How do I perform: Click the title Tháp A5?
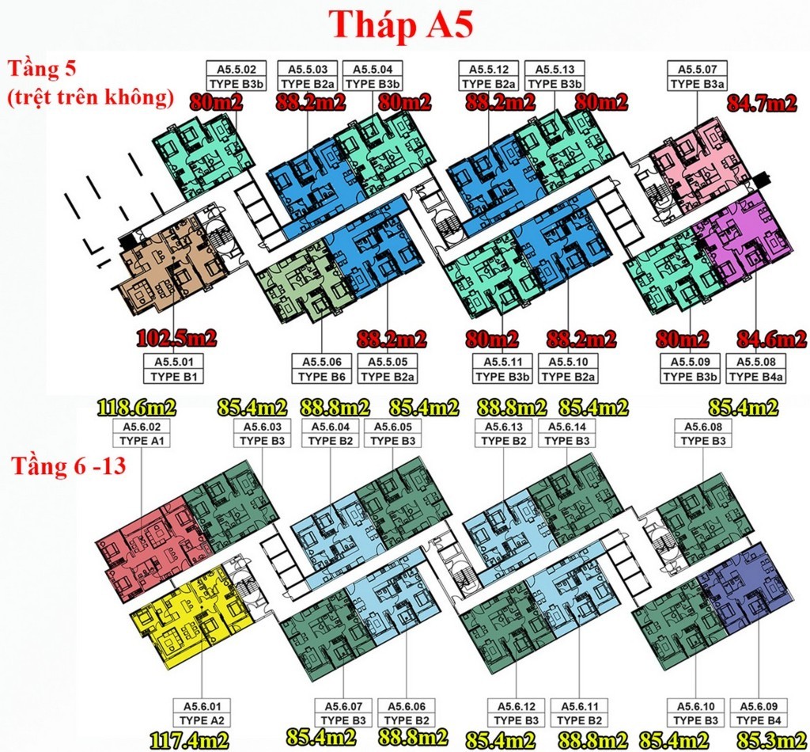[x=401, y=25]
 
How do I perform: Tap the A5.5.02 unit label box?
[x=236, y=77]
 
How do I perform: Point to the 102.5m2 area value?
[x=176, y=339]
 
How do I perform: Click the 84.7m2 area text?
[x=762, y=104]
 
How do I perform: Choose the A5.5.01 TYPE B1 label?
[x=173, y=369]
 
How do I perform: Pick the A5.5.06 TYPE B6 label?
[x=322, y=369]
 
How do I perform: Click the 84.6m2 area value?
[x=771, y=339]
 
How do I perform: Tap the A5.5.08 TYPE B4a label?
[x=755, y=369]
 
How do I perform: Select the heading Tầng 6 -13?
[x=69, y=465]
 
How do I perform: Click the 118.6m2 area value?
[x=136, y=408]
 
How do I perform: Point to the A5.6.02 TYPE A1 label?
[x=142, y=434]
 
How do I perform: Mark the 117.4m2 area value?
[x=189, y=741]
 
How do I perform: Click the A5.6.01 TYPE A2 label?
[x=202, y=713]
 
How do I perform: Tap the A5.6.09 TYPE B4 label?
[x=759, y=713]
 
